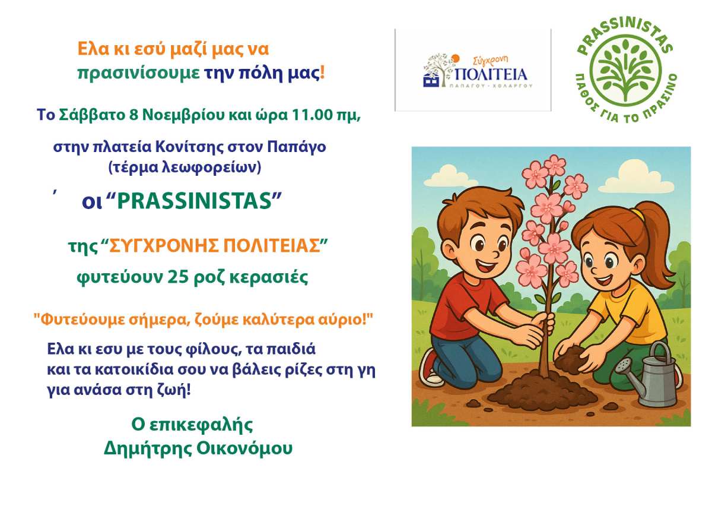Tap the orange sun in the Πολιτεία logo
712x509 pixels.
(455, 58)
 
